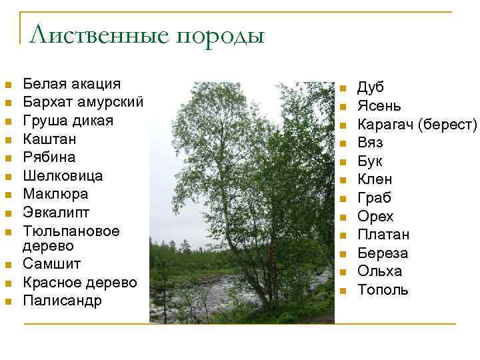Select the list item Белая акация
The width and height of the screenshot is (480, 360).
[x=72, y=84]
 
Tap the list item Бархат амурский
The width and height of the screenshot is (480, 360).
[x=83, y=102]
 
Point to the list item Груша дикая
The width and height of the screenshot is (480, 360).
[x=68, y=121]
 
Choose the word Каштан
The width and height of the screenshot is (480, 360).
[x=49, y=139]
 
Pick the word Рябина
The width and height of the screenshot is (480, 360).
[x=49, y=157]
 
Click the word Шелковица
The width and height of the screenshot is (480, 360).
[x=63, y=176]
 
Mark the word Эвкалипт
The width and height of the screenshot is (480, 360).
[x=56, y=213]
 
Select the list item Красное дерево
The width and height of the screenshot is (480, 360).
[x=80, y=282]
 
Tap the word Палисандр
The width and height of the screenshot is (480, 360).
[x=63, y=301]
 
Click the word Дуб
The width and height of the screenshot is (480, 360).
[x=371, y=87]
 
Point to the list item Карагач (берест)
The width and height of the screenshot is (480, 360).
[x=417, y=124]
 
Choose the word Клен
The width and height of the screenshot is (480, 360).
[x=375, y=179]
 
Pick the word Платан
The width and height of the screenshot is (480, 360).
[x=383, y=235]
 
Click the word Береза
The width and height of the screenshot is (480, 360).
[x=383, y=253]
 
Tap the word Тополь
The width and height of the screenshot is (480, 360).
[x=383, y=290]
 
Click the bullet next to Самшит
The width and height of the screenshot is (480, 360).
[x=8, y=265]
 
